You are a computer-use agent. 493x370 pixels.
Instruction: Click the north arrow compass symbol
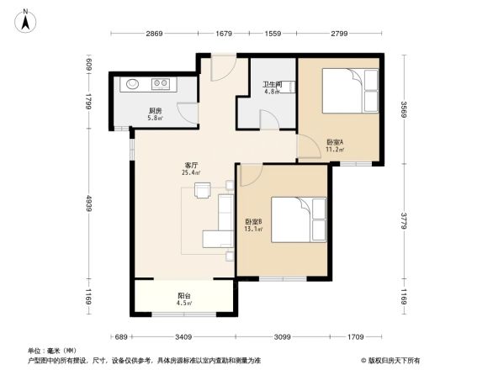pos(26,18)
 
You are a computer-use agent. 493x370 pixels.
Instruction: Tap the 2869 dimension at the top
pos(152,33)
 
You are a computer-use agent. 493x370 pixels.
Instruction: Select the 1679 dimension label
pos(223,33)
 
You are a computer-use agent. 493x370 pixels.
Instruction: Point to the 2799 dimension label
pos(339,33)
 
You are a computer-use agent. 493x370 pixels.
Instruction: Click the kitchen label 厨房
pos(155,110)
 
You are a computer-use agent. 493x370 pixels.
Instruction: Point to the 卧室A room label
pos(335,142)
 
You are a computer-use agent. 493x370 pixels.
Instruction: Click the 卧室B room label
pos(252,220)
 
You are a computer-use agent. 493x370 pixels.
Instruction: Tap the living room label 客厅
pos(191,165)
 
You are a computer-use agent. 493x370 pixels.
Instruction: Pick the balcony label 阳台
pos(183,295)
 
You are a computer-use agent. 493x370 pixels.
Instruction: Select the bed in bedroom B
pos(296,217)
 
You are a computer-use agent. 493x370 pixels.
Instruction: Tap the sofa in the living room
pos(223,223)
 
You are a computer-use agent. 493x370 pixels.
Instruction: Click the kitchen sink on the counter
pos(133,84)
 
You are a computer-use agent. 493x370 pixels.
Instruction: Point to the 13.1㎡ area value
pos(252,228)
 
